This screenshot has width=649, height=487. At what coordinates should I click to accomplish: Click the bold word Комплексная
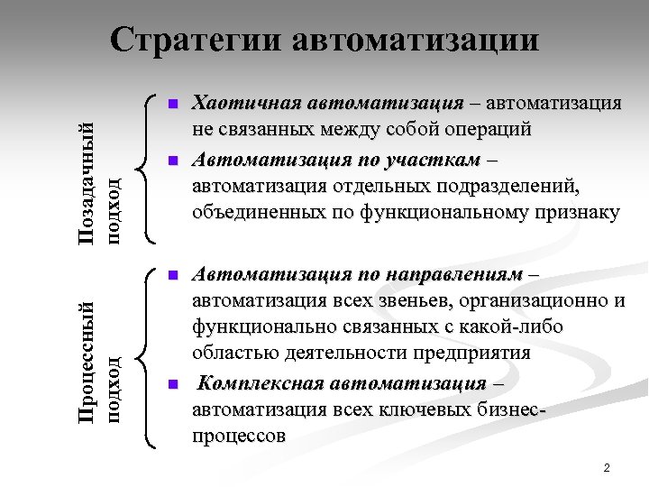261,384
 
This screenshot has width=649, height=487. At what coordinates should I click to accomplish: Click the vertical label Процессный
87,357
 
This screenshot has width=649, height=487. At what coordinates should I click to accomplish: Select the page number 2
607,468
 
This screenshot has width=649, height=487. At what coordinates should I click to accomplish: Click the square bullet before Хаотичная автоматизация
173,103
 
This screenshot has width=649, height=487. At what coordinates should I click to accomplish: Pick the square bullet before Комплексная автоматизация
173,385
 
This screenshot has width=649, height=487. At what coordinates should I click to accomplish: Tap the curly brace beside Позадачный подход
144,168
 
